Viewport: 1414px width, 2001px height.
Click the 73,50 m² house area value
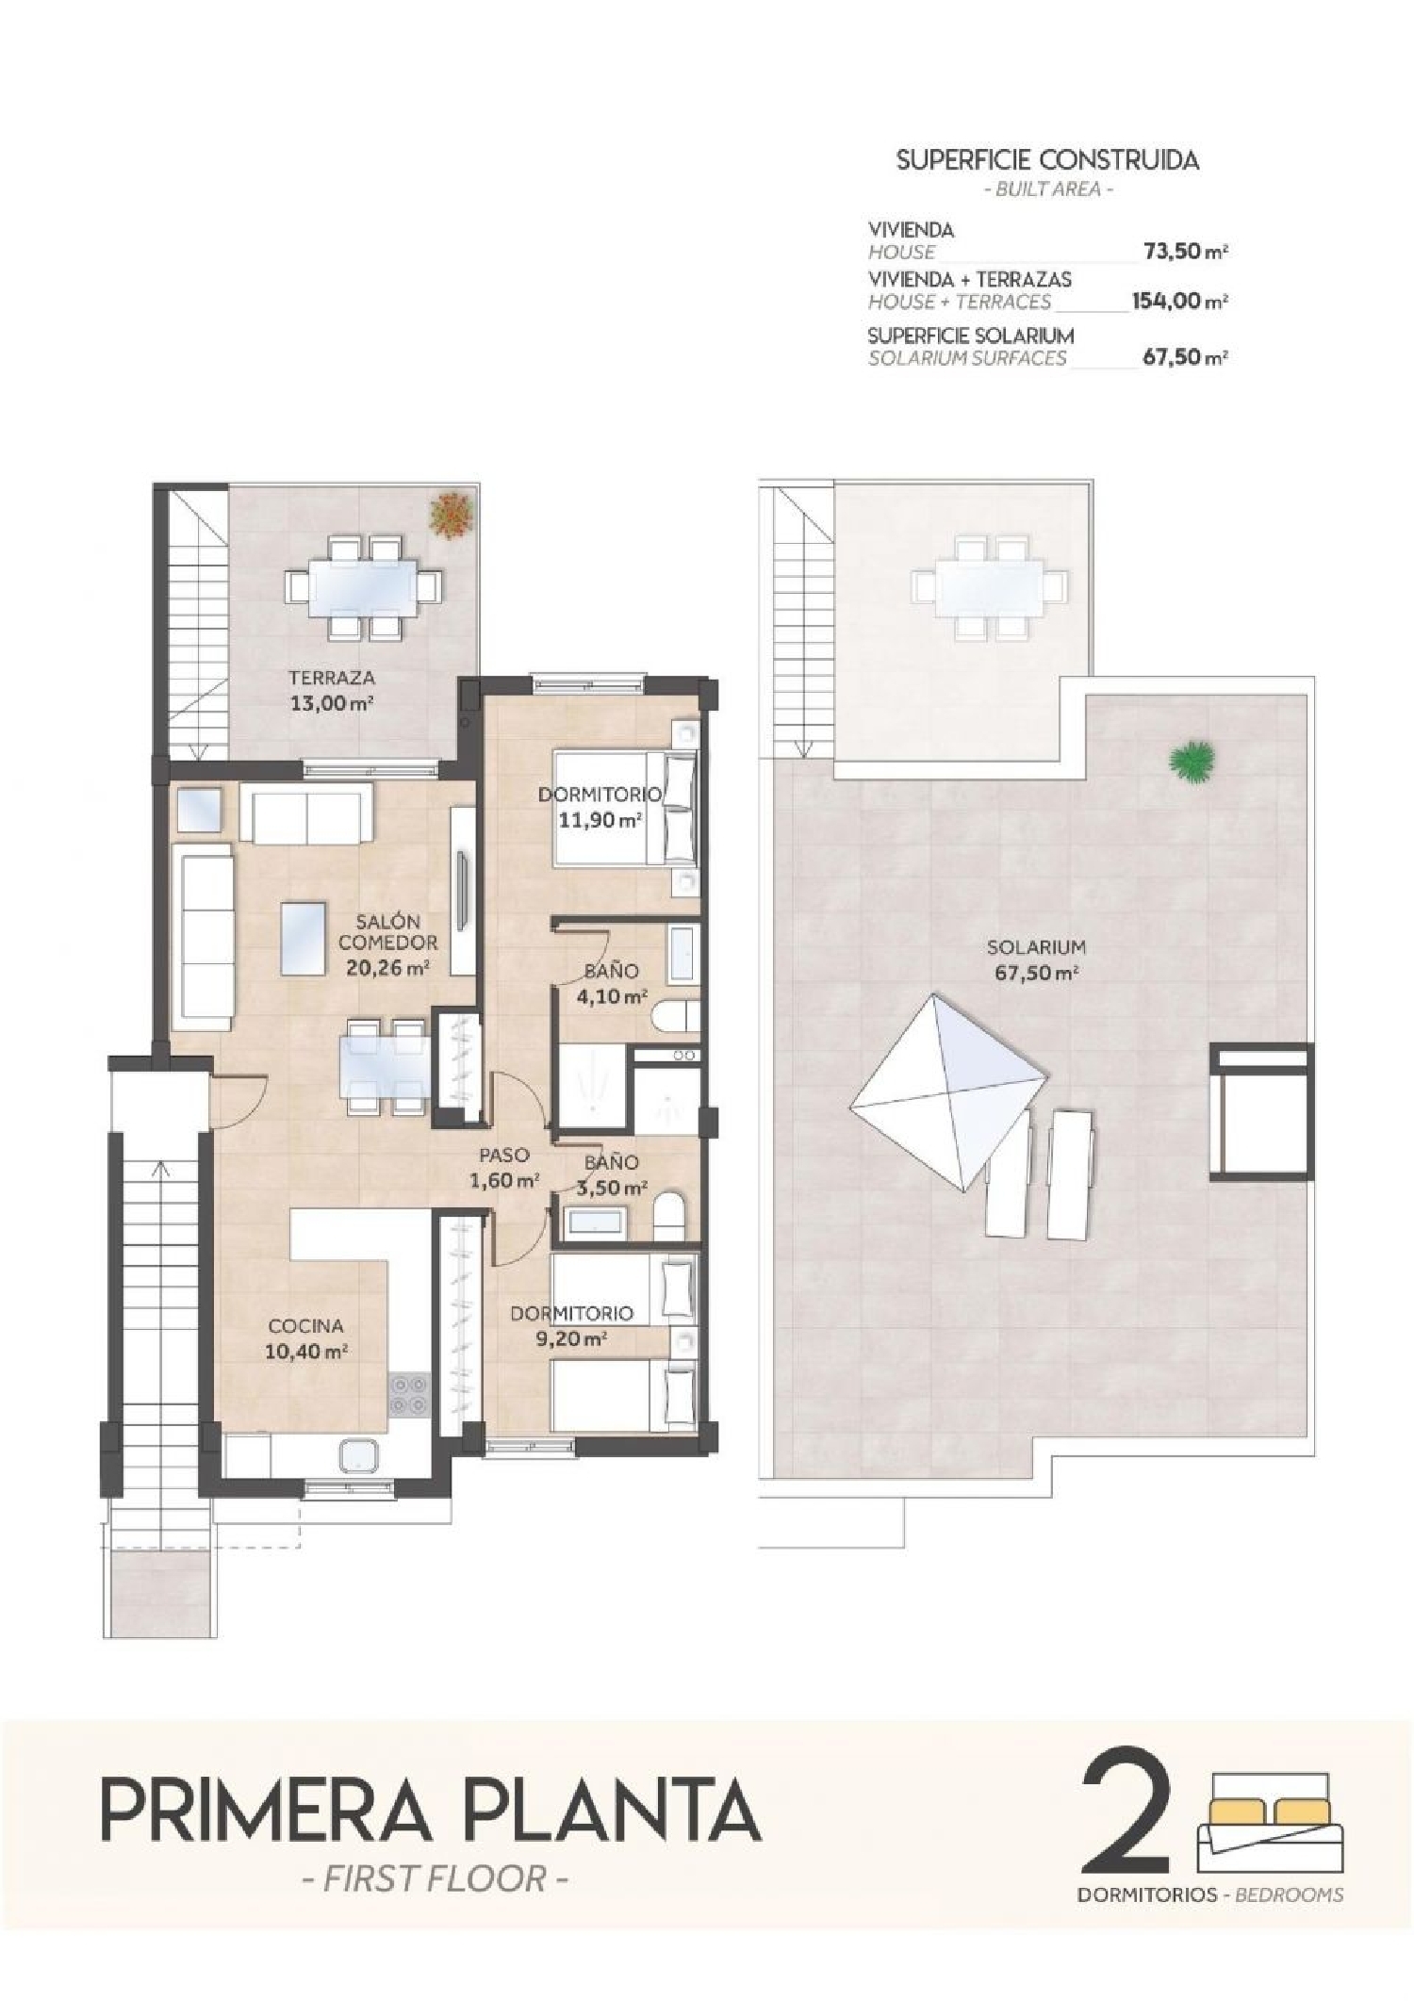[x=1184, y=252]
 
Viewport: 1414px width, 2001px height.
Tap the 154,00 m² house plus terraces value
[x=1179, y=302]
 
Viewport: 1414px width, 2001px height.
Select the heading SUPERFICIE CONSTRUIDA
[x=1047, y=160]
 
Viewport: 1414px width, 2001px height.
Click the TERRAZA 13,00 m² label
[x=332, y=690]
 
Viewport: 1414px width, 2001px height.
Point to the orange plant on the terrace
[x=451, y=516]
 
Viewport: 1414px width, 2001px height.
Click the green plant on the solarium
[x=1192, y=760]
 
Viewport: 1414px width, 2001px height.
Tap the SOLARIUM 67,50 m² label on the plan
[x=1036, y=959]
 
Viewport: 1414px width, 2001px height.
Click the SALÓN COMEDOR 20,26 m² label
[x=387, y=944]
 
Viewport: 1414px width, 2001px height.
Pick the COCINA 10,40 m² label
[x=305, y=1338]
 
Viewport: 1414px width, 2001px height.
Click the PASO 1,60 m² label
[x=504, y=1167]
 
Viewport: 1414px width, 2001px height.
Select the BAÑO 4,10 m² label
[x=611, y=983]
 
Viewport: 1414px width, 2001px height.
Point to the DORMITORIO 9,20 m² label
[x=571, y=1324]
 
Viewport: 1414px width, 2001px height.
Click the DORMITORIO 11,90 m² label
[x=600, y=807]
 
